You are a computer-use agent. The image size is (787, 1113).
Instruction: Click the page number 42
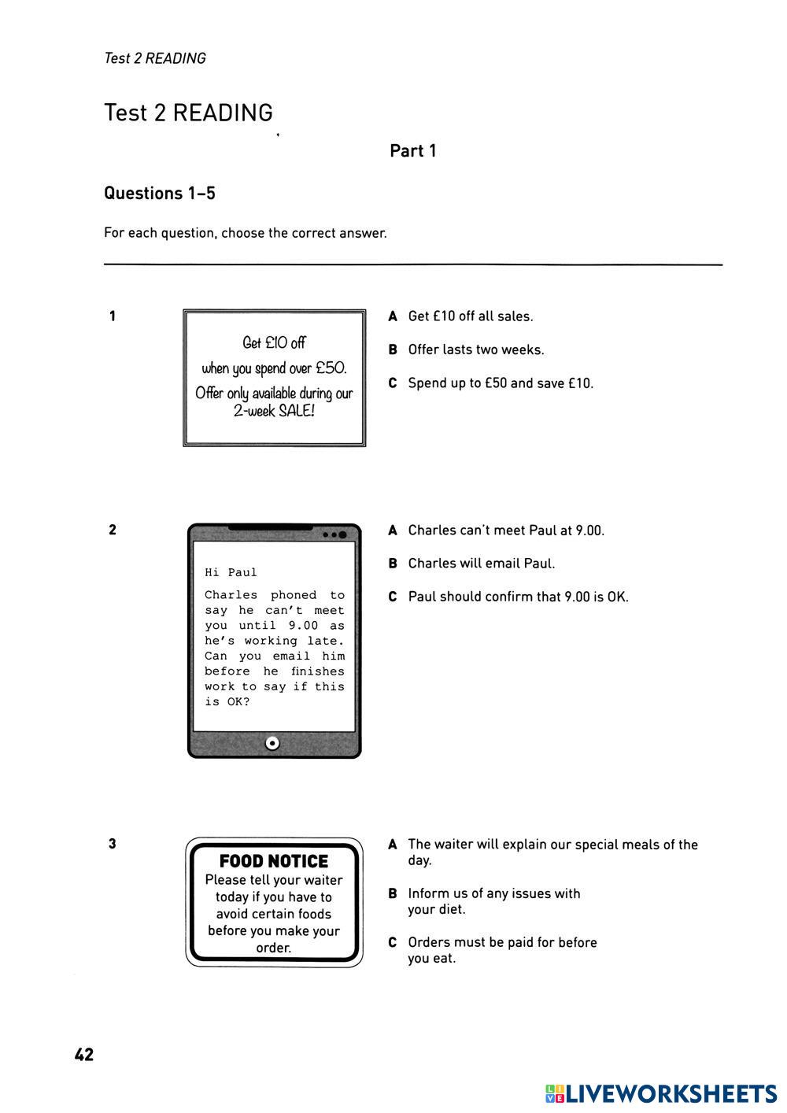(x=84, y=1055)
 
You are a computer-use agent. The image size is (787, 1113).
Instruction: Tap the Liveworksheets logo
(x=661, y=1093)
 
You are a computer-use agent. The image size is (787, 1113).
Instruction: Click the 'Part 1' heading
(x=412, y=151)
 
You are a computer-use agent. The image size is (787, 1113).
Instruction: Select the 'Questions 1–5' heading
(x=160, y=194)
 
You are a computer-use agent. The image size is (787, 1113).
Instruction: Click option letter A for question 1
(x=393, y=316)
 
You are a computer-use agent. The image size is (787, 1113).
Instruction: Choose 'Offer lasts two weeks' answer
(x=475, y=349)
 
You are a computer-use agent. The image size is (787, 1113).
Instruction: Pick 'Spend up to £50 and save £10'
(x=501, y=383)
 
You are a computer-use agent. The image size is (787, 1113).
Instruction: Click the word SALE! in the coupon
(x=296, y=411)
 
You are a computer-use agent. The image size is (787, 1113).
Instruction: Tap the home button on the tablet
(x=272, y=742)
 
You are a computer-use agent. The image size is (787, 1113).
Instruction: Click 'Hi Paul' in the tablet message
(x=231, y=572)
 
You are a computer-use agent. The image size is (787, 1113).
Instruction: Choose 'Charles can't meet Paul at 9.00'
(x=505, y=531)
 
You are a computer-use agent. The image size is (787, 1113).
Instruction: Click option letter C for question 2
(x=393, y=597)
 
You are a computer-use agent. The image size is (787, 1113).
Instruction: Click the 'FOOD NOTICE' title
(x=274, y=861)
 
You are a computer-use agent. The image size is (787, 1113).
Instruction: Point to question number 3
(x=113, y=844)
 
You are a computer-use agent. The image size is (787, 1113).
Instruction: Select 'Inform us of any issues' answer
(x=493, y=901)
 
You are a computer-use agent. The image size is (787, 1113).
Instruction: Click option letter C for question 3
(x=393, y=943)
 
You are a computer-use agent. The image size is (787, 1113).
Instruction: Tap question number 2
(x=113, y=530)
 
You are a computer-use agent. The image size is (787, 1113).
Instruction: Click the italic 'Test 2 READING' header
(x=155, y=58)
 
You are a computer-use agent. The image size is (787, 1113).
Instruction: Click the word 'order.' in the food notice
(x=274, y=948)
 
